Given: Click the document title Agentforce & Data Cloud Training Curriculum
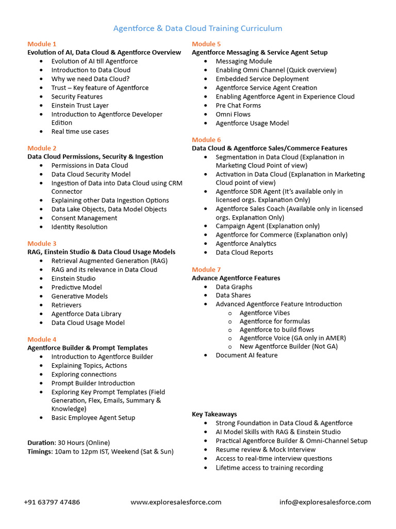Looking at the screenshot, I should pyautogui.click(x=197, y=28).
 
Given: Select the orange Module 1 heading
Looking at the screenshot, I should pyautogui.click(x=42, y=44).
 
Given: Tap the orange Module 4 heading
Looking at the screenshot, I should pyautogui.click(x=42, y=339).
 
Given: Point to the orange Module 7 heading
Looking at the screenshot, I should pyautogui.click(x=206, y=270).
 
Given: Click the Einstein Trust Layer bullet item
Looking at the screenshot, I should pyautogui.click(x=80, y=105).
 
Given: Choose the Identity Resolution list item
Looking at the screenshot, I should pyautogui.click(x=79, y=227).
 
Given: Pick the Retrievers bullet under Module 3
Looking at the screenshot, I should pyautogui.click(x=66, y=305).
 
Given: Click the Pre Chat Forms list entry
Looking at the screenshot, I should pyautogui.click(x=238, y=105).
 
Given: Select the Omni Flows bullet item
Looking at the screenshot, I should pyautogui.click(x=233, y=114).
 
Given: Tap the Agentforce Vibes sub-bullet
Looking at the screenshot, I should pyautogui.click(x=265, y=313).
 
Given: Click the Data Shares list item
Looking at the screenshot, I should pyautogui.click(x=233, y=295).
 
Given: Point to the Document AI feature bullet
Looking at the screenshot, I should pyautogui.click(x=246, y=355).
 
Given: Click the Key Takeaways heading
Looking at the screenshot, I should pyautogui.click(x=214, y=414).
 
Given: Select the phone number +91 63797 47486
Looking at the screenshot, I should pyautogui.click(x=52, y=502).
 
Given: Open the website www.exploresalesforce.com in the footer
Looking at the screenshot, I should pyautogui.click(x=176, y=502).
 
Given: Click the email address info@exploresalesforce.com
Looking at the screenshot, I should pyautogui.click(x=325, y=502).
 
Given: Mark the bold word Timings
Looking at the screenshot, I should pyautogui.click(x=40, y=452).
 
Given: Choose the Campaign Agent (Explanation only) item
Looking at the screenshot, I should pyautogui.click(x=267, y=226).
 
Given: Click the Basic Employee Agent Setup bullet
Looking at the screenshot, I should pyautogui.click(x=93, y=417).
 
